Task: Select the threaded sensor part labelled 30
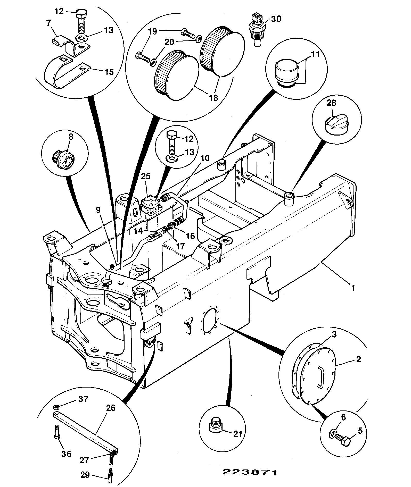256,30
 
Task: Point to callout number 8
70,137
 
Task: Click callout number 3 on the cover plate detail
334,335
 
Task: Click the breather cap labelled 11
286,72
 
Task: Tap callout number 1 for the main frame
353,288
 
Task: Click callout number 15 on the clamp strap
109,72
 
